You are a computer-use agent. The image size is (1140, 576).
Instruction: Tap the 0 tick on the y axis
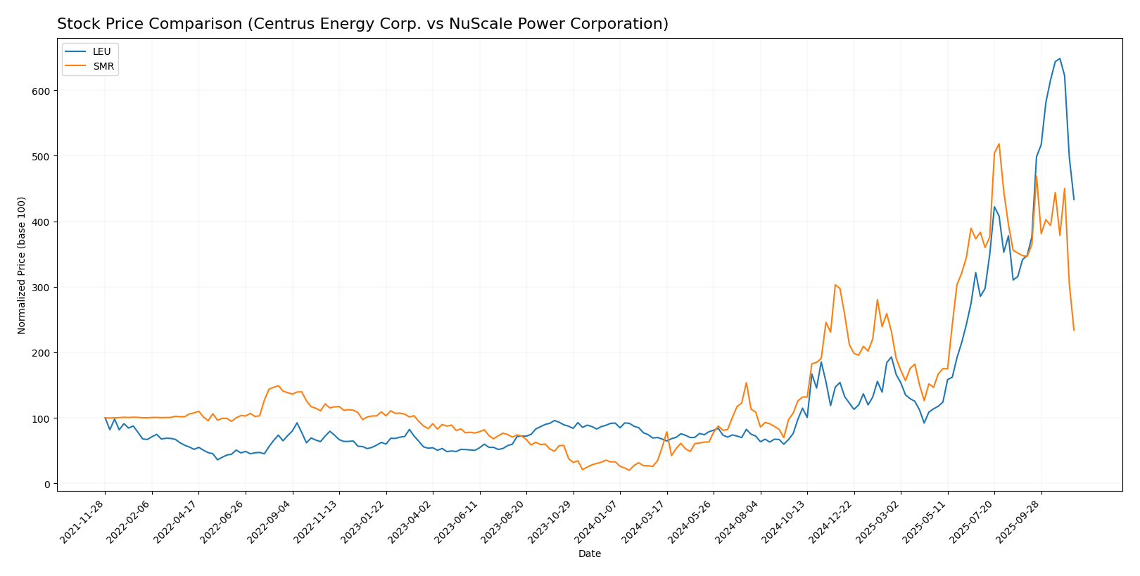47,485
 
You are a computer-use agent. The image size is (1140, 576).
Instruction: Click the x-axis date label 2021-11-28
84,521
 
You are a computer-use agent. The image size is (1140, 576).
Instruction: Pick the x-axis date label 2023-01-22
365,521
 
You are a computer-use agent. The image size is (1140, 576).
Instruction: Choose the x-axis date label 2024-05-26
692,521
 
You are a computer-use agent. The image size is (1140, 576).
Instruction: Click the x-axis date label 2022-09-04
271,521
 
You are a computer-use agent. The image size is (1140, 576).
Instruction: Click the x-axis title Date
590,554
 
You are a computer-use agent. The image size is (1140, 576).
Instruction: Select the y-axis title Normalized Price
22,265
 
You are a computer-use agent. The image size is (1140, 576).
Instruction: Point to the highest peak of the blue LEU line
1060,58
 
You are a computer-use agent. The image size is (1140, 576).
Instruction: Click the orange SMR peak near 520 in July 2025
999,144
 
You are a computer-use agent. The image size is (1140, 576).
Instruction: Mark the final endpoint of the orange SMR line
1074,331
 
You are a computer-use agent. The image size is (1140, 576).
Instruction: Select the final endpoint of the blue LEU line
1074,200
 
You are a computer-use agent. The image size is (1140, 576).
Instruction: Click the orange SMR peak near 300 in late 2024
835,285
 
